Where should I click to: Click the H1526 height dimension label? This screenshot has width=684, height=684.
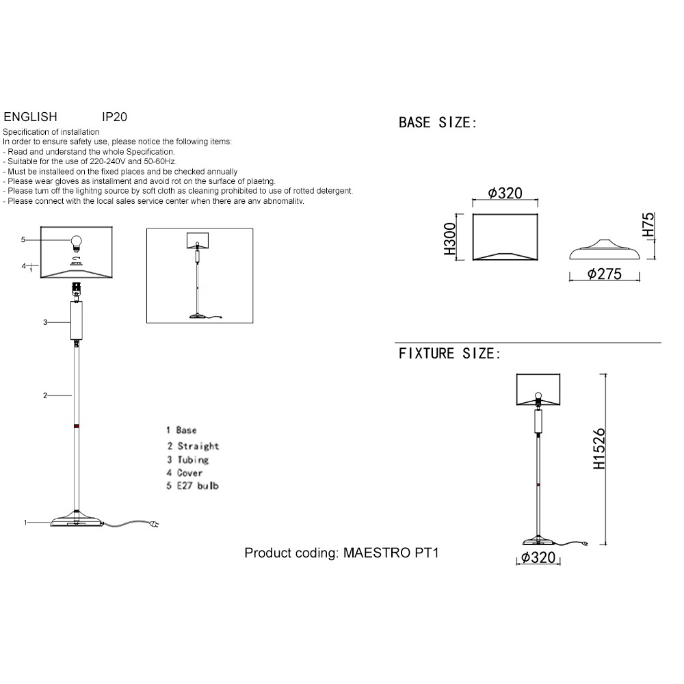(x=599, y=449)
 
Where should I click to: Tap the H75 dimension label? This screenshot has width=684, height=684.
(x=648, y=224)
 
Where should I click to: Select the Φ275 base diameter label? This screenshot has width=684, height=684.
(x=604, y=274)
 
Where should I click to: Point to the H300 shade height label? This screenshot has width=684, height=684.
(x=450, y=239)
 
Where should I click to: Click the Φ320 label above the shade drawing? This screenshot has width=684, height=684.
(x=505, y=194)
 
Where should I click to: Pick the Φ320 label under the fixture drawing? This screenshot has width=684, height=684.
(x=538, y=557)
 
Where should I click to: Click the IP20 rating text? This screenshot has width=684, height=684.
(x=114, y=117)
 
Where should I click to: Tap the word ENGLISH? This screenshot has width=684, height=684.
(x=31, y=117)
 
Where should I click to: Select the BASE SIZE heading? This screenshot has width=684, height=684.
(x=438, y=122)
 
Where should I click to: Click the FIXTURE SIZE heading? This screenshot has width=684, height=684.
(x=449, y=354)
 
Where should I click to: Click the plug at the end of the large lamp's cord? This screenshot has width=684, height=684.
(x=155, y=523)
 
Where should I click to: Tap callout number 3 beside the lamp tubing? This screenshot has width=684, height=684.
(x=45, y=322)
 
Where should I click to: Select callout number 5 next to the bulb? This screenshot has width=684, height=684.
(x=23, y=239)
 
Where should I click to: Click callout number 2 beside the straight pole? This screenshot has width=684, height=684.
(x=45, y=395)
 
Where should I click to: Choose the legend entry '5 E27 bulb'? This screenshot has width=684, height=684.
(x=192, y=486)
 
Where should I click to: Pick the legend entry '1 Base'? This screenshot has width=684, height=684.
(x=181, y=430)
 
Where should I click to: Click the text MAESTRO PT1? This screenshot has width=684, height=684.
(x=391, y=553)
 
